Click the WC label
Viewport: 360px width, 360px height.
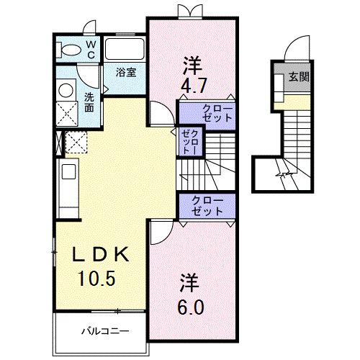click(x=91, y=48)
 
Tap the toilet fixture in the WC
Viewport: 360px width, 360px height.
click(x=70, y=49)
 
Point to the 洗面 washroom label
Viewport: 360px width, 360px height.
click(x=89, y=102)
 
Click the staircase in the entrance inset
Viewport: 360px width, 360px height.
click(x=296, y=137)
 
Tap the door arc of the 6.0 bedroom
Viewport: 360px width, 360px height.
click(x=161, y=231)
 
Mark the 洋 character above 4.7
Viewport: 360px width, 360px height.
click(x=191, y=63)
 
